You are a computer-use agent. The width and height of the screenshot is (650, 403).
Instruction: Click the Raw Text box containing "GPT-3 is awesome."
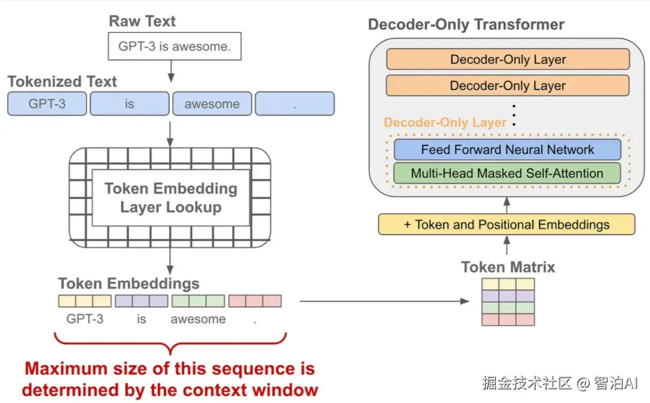(175, 46)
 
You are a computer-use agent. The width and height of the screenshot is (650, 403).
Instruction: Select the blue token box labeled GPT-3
(47, 103)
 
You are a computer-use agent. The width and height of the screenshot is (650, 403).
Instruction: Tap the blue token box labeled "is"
(129, 103)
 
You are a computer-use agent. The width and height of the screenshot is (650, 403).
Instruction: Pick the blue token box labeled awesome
(212, 103)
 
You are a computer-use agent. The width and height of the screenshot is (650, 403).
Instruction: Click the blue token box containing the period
(295, 103)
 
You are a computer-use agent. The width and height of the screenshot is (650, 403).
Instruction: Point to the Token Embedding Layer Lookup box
(170, 198)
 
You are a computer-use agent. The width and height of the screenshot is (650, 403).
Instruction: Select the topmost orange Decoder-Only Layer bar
(508, 59)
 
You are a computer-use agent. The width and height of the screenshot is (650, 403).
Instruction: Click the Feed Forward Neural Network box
(507, 150)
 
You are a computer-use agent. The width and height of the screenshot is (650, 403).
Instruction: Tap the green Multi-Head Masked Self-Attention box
(507, 173)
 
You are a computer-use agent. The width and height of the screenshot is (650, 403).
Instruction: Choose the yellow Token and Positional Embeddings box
(507, 224)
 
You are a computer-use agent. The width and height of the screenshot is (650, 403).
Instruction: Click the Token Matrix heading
(508, 267)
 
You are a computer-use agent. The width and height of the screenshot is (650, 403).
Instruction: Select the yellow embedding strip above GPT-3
(85, 301)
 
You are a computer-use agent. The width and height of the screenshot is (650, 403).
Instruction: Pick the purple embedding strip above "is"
(141, 301)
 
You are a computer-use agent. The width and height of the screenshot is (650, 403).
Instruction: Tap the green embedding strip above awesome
(198, 301)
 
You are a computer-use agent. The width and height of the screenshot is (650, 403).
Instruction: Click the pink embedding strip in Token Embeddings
(255, 301)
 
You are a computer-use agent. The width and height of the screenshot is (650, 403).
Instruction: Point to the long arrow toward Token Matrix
(384, 301)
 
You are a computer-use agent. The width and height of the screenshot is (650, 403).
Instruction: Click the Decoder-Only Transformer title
(466, 25)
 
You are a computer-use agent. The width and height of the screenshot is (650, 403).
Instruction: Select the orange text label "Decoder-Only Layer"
(445, 122)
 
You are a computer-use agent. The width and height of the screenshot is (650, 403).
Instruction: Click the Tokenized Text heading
(62, 82)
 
